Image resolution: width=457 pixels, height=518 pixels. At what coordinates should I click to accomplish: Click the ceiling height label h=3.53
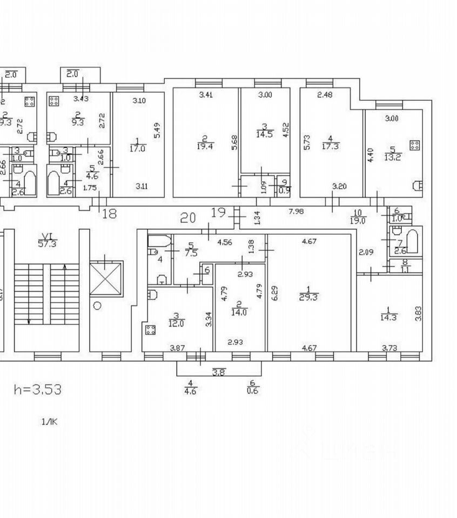tap(37, 389)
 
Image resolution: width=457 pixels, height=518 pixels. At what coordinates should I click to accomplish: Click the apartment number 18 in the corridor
tap(109, 213)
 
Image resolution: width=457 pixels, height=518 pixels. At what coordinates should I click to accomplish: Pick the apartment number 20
tap(188, 217)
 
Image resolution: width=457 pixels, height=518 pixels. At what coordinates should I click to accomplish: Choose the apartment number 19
tap(218, 212)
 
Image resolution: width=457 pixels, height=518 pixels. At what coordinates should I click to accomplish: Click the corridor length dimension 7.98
tap(296, 212)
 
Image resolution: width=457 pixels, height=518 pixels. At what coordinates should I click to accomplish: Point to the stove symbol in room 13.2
tap(415, 145)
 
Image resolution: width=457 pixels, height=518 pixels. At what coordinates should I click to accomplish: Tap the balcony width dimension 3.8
tap(218, 372)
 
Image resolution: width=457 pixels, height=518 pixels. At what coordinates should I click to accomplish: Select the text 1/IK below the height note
tap(49, 422)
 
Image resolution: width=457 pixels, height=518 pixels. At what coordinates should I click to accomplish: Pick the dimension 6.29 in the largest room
tap(274, 294)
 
